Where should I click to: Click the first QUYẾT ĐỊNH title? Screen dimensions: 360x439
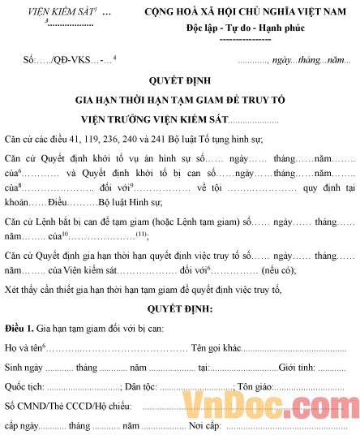tap(179, 81)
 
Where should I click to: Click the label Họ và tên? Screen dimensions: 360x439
tap(24, 348)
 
